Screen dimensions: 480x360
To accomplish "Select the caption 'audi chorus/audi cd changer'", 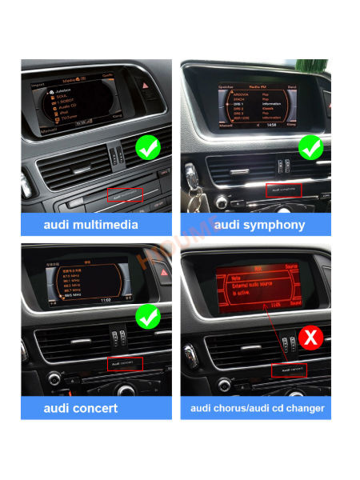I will tap(257, 409).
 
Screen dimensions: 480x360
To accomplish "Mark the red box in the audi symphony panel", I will tap(282, 190).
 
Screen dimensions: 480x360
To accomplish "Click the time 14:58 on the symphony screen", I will tap(273, 124).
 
